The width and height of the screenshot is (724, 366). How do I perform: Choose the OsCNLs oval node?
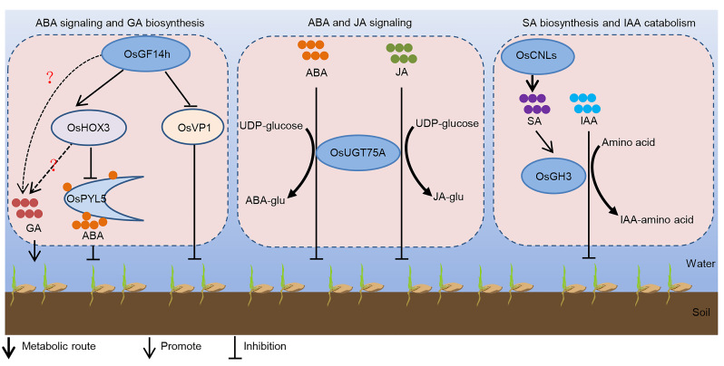tap(534, 56)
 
